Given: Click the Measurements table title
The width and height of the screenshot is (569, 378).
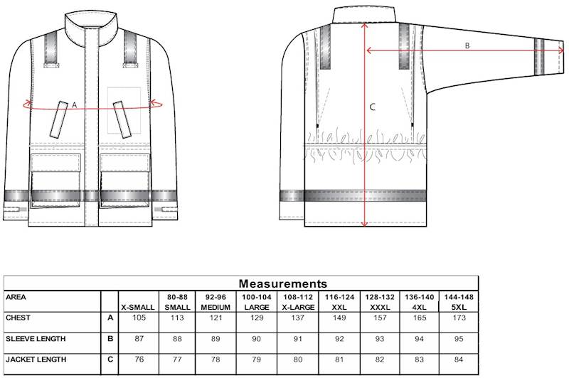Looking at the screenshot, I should click(282, 283).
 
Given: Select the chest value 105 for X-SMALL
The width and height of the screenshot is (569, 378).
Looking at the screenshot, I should click(139, 318).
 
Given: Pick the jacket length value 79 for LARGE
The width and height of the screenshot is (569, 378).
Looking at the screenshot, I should click(257, 360).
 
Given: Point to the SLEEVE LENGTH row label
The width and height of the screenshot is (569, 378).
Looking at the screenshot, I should click(33, 339).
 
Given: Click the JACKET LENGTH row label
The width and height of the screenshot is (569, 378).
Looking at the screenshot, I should click(33, 360).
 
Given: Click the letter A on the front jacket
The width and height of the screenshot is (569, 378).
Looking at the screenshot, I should click(74, 104).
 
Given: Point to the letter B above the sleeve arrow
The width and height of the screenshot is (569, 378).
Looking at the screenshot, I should click(467, 45).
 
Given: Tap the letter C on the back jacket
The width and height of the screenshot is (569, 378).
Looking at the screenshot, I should click(373, 107).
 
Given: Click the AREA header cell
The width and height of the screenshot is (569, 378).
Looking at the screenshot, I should click(16, 296).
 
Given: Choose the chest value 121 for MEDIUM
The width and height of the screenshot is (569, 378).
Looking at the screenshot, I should click(216, 318).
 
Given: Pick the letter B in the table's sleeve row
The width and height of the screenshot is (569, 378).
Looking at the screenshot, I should click(110, 339).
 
